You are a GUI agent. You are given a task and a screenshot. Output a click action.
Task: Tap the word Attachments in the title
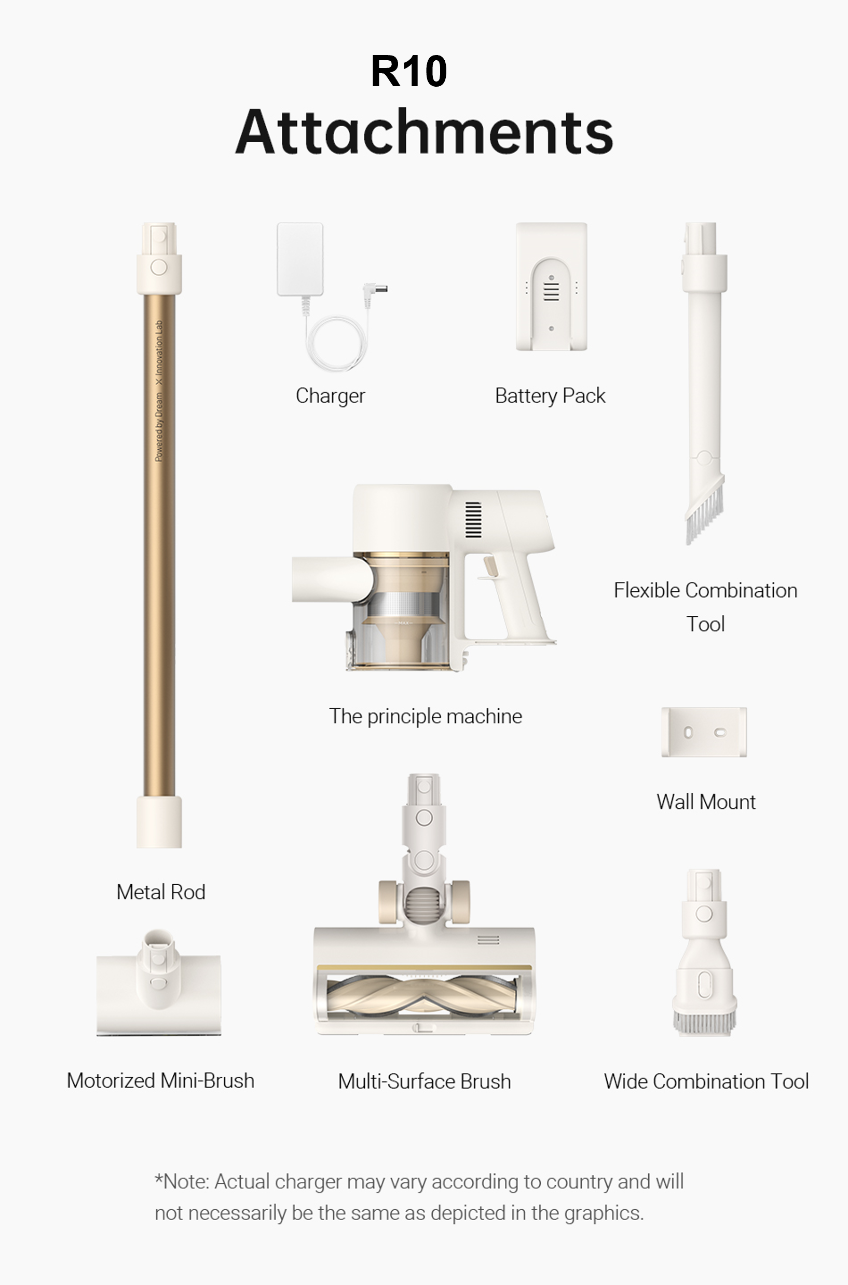[x=425, y=131]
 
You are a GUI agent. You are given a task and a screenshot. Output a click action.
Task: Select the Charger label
[x=331, y=396]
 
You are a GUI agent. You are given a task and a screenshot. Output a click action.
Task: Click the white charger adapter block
[x=300, y=259]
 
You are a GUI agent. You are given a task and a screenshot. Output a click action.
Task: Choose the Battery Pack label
[x=550, y=396]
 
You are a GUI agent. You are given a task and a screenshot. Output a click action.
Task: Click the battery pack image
[x=551, y=286]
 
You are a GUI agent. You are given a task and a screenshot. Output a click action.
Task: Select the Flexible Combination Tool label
[x=705, y=606]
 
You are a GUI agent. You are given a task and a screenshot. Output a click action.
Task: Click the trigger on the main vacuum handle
[x=490, y=566]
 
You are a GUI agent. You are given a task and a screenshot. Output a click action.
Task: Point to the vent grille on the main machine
[x=473, y=520]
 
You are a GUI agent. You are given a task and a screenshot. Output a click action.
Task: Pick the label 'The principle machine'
[x=426, y=716]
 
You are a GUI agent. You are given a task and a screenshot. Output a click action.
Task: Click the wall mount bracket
[x=704, y=732]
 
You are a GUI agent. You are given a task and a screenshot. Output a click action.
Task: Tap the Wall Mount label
[x=706, y=802]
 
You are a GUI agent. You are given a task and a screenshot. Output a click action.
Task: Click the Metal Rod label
[x=161, y=892]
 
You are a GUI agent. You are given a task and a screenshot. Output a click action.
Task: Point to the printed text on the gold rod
[x=159, y=391]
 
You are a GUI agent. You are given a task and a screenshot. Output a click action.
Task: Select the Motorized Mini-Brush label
[x=160, y=1080]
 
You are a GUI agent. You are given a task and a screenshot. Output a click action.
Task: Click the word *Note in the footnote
[x=182, y=1182]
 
